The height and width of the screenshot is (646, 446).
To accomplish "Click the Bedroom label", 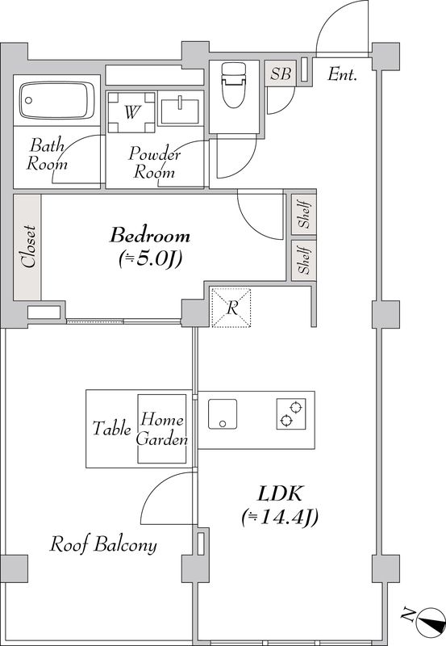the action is coord(150,236).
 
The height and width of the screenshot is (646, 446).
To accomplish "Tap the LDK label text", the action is coord(280,493).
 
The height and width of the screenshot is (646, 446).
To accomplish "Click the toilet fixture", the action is coord(233,85).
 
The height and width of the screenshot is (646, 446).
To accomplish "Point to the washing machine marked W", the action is coord(131,112).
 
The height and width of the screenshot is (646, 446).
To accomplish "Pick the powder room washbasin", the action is coord(180,111).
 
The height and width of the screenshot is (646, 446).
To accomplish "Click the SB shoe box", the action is coord(281,73).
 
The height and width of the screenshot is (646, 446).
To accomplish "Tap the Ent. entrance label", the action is coord(342,74).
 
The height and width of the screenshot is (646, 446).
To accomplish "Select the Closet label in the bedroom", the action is coord(28,246).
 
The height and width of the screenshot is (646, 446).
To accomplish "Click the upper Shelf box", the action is coord(304,214).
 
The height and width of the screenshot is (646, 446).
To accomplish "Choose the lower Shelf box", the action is coord(304,260).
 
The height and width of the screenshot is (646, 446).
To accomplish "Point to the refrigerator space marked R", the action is coord(231,308).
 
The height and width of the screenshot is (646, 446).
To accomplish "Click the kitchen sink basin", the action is coord(222,414).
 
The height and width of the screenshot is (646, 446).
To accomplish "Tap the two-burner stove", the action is coord(291,414).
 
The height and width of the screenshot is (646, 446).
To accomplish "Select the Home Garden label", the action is coord(162,430).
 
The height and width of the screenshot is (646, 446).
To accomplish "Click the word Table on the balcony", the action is coord(111,429).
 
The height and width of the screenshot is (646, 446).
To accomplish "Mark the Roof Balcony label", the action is coord(103,544).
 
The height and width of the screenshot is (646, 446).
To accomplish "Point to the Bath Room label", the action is coord(48,155).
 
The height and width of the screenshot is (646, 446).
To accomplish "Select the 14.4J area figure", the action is coord(280,518).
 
